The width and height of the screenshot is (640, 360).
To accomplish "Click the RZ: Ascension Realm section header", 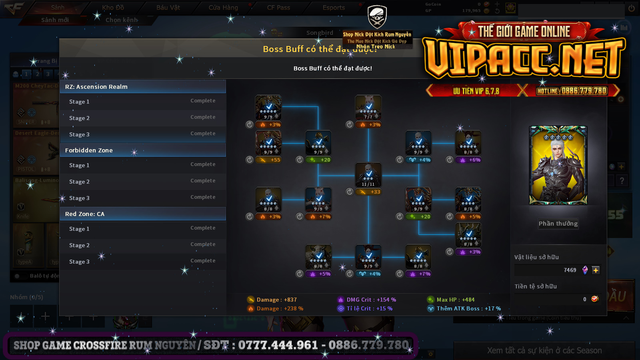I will coord(142,87).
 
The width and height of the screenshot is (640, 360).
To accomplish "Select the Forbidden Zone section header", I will coord(142,150).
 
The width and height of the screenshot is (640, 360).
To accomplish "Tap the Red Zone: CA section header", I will coord(142,214).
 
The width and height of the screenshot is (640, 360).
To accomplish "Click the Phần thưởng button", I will coord(558,224).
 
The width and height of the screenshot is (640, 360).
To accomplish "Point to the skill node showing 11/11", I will coord(368,175).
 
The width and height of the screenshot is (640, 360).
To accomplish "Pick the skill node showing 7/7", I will coord(368,108).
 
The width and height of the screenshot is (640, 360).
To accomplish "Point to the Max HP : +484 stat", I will coord(451,300).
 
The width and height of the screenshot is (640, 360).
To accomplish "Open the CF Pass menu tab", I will coord(278,8).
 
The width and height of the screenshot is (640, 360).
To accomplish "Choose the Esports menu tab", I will coord(334,8).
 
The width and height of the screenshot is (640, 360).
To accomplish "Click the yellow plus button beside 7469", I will coord(596,270).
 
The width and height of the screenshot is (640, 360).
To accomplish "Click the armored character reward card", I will coord(558,165).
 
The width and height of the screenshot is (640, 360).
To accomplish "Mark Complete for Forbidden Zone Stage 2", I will coord(203,181).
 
